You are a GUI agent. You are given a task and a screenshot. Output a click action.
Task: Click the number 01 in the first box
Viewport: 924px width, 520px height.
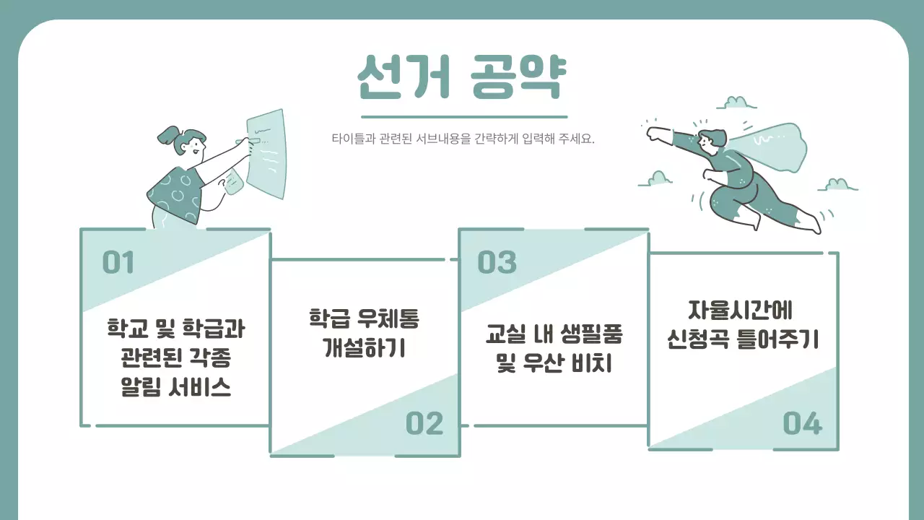[118, 263]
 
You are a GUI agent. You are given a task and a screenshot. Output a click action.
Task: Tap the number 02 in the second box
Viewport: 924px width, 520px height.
[424, 424]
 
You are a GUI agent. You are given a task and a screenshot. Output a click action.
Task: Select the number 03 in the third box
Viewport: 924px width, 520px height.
[497, 263]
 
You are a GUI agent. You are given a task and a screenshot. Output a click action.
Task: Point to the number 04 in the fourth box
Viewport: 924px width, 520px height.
[803, 424]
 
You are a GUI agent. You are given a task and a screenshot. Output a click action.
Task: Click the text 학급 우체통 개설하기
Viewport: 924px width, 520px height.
[364, 333]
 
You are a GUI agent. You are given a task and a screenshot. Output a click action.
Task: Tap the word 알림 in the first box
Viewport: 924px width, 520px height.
[144, 388]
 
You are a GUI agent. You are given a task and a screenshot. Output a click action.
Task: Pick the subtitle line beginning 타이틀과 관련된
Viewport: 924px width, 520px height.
[462, 139]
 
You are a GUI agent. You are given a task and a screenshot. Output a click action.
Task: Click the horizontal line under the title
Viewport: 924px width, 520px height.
[463, 116]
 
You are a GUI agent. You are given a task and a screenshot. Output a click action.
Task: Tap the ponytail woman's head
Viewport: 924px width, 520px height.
[189, 144]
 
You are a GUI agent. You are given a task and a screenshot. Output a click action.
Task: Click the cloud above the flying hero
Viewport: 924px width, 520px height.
[736, 103]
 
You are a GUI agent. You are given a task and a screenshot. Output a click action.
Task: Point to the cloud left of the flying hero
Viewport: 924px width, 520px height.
[657, 179]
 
